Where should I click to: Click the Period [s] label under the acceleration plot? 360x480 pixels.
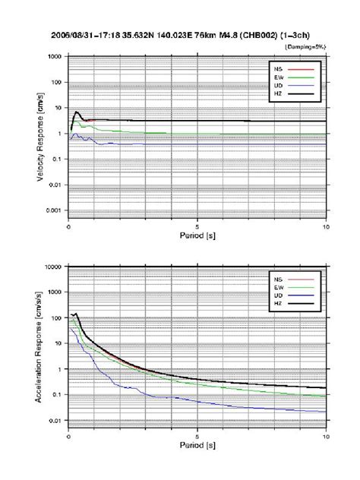[x=197, y=447]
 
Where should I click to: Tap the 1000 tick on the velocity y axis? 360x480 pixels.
[x=54, y=57]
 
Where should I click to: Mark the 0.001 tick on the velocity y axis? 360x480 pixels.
[x=52, y=210]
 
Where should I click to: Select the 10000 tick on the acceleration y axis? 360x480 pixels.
[x=52, y=267]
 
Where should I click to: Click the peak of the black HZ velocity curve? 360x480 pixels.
[x=76, y=112]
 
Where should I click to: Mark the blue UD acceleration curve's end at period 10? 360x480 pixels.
[x=326, y=412]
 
